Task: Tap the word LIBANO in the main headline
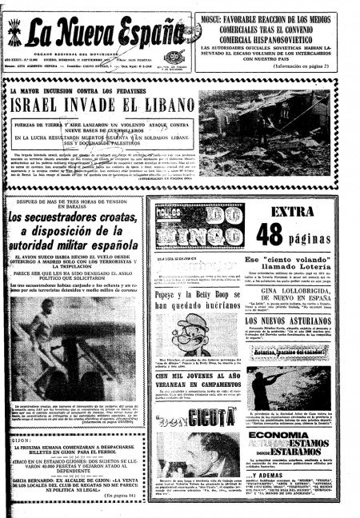click(x=169, y=106)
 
